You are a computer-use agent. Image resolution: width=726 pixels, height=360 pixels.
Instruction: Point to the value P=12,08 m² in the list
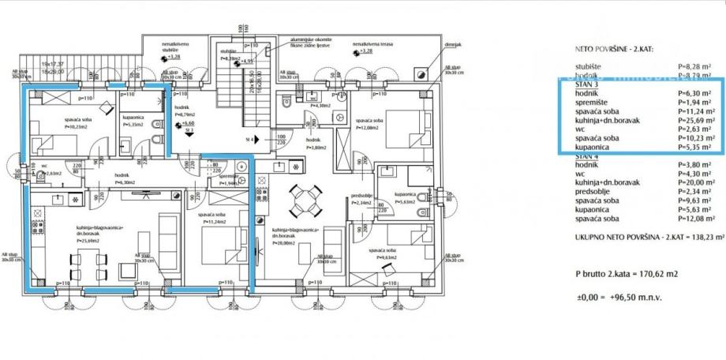tap(698, 218)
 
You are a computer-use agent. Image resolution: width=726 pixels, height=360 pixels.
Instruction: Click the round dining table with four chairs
tap(302, 201)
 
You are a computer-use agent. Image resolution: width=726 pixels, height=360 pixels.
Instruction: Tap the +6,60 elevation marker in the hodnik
tap(188, 124)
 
